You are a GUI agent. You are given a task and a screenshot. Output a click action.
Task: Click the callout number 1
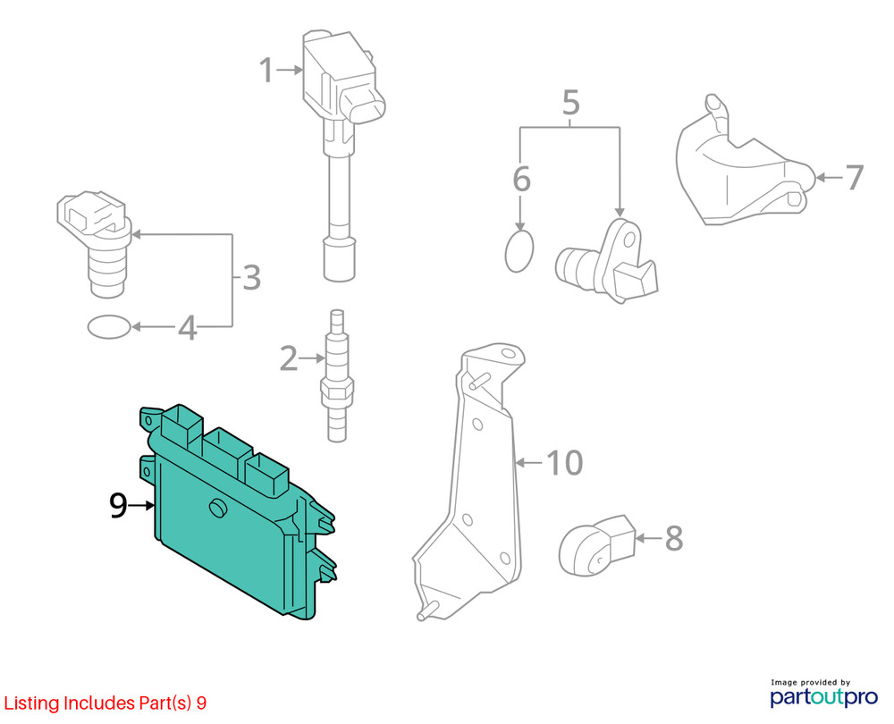click(266, 70)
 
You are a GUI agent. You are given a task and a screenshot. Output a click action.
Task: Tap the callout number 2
click(289, 358)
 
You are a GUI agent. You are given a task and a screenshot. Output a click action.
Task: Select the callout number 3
click(251, 278)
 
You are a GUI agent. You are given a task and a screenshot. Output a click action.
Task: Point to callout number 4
click(188, 327)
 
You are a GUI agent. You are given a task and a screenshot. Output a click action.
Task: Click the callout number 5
click(570, 103)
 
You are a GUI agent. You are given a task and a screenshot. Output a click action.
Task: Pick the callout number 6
click(522, 179)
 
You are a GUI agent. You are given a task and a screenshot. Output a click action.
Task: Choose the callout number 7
click(854, 177)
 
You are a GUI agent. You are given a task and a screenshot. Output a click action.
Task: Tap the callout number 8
click(674, 538)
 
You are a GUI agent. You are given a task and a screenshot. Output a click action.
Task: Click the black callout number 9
click(118, 505)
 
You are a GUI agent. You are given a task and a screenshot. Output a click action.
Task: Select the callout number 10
click(564, 462)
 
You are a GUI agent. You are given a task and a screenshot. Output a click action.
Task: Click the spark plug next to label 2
click(337, 375)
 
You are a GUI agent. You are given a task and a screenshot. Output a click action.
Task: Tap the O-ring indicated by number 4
click(109, 327)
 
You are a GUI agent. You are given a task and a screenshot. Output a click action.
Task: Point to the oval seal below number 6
click(519, 251)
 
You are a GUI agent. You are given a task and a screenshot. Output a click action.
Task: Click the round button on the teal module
click(217, 508)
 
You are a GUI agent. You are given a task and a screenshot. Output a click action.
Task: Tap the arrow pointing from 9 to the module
click(141, 505)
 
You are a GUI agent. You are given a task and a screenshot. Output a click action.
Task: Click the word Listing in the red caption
click(32, 703)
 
